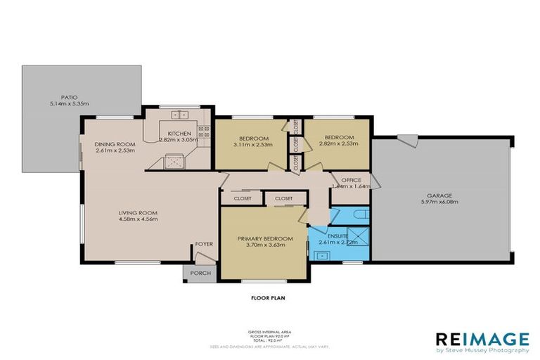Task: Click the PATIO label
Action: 68,97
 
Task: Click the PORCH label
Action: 196,274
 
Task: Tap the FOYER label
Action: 204,245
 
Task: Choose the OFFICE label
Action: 350,180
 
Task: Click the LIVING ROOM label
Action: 137,212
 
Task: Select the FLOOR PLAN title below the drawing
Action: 268,297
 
